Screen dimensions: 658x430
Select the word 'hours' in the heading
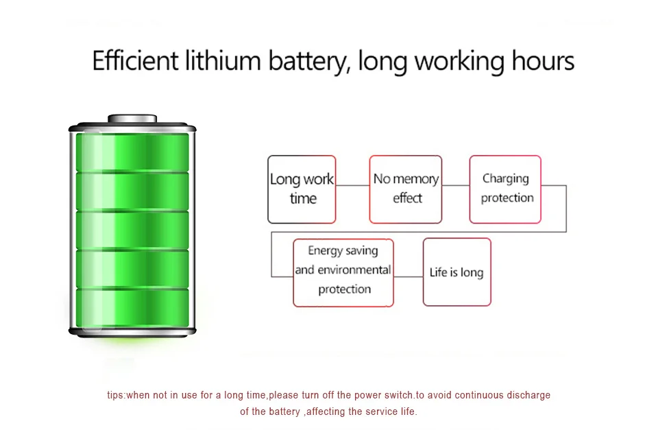coord(543,61)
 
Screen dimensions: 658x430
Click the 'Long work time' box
coord(302,189)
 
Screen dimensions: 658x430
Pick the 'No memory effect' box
coord(406,189)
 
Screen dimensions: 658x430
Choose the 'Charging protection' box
coord(506,189)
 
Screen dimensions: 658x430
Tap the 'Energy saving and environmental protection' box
coord(343,272)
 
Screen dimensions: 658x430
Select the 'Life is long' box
coord(456,272)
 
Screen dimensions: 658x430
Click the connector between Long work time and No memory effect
coord(352,185)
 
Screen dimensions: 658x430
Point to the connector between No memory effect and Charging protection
coord(456,185)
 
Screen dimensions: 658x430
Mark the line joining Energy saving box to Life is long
coord(409,277)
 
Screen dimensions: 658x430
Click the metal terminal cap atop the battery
coord(132,119)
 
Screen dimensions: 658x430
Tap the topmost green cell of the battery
coord(132,152)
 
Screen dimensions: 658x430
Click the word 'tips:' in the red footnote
coord(117,396)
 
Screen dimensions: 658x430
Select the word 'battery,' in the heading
coord(310,61)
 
